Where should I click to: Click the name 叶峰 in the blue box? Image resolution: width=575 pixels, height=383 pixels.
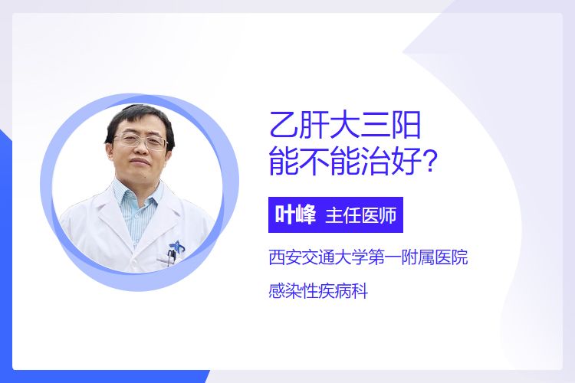295,214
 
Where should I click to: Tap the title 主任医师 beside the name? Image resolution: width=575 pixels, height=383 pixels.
361,215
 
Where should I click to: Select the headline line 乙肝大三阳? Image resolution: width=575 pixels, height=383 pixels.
345,125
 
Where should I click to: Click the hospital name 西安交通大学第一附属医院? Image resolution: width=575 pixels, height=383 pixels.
368,257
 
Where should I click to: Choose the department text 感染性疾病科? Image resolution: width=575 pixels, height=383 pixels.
318,291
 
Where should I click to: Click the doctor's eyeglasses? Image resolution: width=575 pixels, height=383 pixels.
141,141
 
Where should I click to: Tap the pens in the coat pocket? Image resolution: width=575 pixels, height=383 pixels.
171,257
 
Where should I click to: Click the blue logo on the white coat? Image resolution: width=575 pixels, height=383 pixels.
178,247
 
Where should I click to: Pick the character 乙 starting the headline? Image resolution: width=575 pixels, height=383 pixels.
284,125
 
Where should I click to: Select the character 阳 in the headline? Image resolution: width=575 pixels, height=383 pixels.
406,125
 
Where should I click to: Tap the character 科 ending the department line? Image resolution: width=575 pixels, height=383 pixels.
360,291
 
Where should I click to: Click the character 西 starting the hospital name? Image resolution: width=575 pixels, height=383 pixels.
277,257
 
